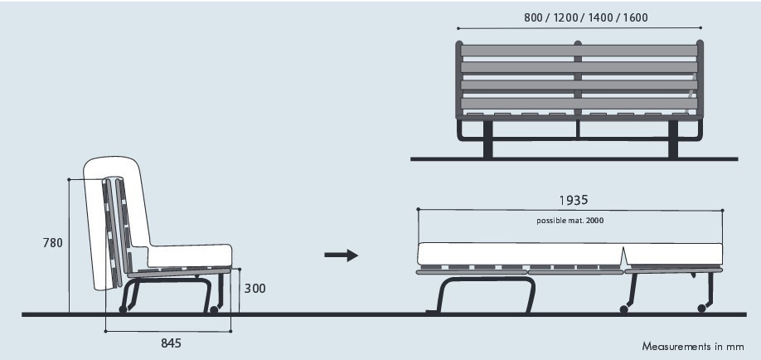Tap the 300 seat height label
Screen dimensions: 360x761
[254, 289]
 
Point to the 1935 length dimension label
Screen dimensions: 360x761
[574, 200]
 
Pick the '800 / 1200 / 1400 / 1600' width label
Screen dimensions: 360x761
[585, 17]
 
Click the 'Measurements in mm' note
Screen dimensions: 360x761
[693, 346]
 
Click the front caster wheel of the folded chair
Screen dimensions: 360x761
[214, 309]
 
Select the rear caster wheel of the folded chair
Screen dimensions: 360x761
[124, 309]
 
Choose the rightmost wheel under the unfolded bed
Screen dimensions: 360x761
[702, 309]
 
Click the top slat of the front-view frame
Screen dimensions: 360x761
[579, 51]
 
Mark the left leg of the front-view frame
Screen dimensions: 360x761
[487, 141]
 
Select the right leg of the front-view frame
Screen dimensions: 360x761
[673, 141]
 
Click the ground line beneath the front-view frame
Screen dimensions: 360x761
[579, 158]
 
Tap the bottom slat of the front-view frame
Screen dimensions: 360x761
[579, 103]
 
